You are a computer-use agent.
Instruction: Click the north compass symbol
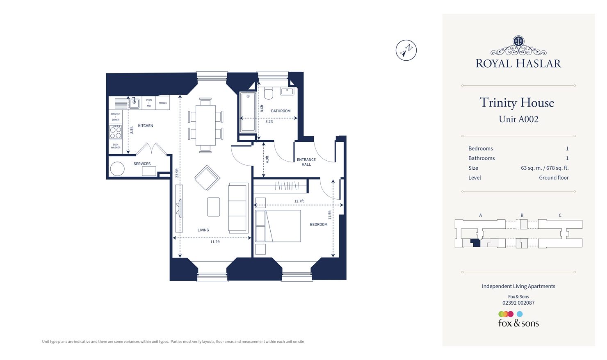click(x=406, y=50)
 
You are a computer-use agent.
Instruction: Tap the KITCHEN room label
click(x=146, y=126)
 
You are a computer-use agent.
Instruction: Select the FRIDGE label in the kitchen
click(x=163, y=103)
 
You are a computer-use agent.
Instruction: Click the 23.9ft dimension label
click(x=177, y=173)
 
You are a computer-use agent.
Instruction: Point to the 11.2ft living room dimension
click(x=215, y=242)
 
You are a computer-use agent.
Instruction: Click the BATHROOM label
click(x=281, y=111)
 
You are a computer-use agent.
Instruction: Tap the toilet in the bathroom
click(x=269, y=93)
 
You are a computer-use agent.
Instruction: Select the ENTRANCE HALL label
click(x=306, y=162)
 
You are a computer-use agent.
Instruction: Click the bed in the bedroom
click(x=283, y=226)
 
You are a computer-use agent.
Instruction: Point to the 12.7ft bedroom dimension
click(x=299, y=201)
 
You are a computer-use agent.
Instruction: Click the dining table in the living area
click(x=205, y=125)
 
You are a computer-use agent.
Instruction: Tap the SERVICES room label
click(x=142, y=164)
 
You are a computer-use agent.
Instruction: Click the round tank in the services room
click(x=117, y=169)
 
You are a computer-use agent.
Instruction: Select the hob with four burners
click(x=116, y=132)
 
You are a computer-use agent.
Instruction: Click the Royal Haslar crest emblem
click(x=518, y=41)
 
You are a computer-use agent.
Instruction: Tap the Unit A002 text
click(x=518, y=119)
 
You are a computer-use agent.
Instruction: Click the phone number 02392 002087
click(x=518, y=303)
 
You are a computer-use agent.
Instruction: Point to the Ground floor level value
click(x=554, y=178)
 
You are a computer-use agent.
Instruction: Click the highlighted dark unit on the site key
click(x=475, y=243)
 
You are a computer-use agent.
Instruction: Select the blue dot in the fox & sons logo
click(x=520, y=314)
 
